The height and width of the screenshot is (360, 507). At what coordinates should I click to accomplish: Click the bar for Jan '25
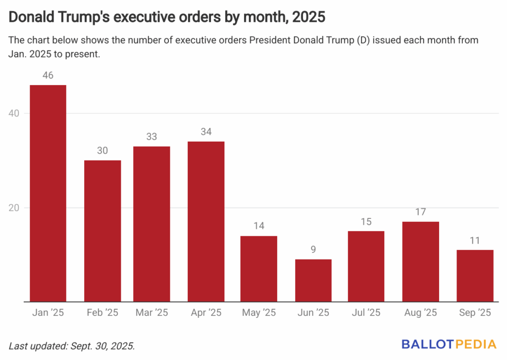48,193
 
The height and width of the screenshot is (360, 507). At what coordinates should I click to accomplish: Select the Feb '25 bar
102,231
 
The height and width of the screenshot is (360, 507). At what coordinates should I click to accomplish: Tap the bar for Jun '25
313,280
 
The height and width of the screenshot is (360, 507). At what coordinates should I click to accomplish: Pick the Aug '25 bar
421,261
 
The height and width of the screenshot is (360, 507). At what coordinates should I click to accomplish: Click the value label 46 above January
48,76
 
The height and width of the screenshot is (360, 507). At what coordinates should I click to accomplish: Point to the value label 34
206,132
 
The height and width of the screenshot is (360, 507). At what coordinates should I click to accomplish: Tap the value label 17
421,212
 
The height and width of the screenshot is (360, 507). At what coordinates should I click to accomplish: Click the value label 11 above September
475,241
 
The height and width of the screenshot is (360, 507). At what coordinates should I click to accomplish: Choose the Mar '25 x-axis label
152,313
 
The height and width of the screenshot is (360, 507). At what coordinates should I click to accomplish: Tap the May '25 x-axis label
259,313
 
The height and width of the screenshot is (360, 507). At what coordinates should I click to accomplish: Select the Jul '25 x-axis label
367,313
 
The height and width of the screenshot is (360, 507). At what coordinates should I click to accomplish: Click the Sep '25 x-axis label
475,313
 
